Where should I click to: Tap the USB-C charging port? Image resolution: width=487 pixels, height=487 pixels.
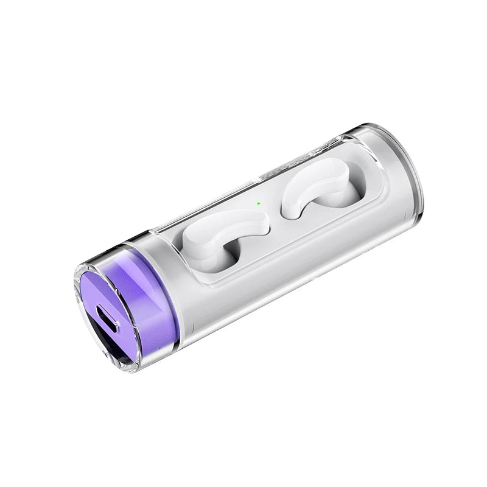[107, 317]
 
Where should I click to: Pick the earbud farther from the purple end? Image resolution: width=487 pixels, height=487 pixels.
[314, 186]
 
